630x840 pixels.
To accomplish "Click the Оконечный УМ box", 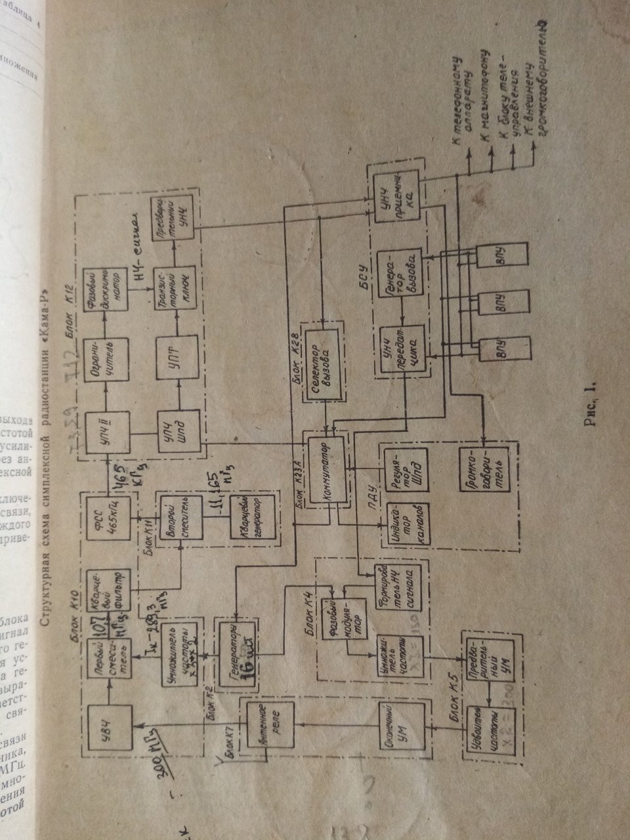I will [x=400, y=726].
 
